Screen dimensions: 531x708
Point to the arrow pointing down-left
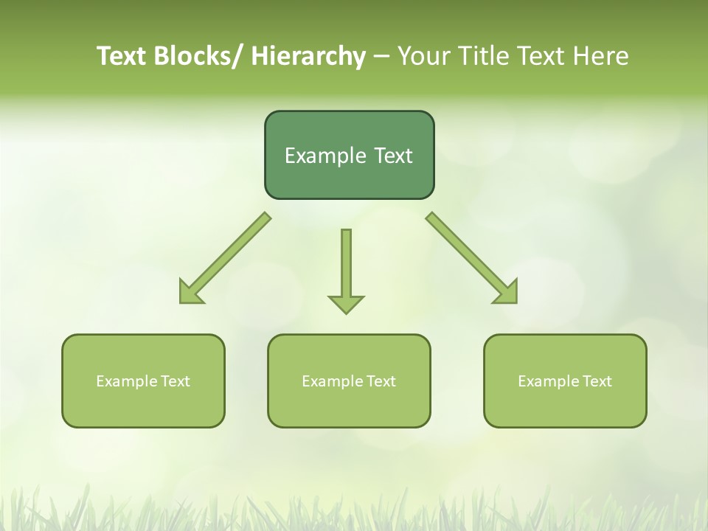pos(225,258)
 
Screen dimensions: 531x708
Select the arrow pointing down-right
pos(472,258)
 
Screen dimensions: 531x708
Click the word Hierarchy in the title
pos(308,56)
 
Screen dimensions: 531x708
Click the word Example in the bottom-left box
pos(122,381)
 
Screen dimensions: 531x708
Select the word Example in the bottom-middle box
pos(328,381)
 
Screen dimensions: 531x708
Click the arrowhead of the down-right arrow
pos(507,294)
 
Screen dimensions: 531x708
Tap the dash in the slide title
pos(381,56)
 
